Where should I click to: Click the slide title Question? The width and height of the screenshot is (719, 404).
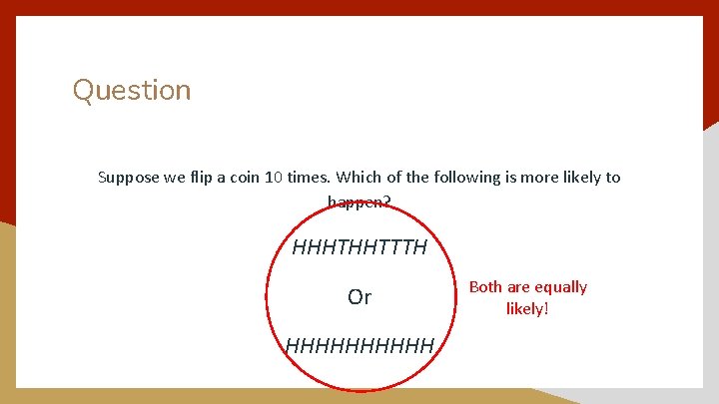coord(131,90)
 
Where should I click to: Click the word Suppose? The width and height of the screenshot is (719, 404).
coord(126,178)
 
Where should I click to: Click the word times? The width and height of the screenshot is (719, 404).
coord(309,178)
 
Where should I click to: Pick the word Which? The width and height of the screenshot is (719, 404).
coord(358,178)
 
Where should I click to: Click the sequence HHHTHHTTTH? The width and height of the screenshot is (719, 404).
coord(359,245)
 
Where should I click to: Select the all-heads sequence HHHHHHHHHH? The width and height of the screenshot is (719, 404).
coord(359,346)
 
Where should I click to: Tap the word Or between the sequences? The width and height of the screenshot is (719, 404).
coord(359,296)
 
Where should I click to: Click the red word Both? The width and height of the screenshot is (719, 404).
coord(485,287)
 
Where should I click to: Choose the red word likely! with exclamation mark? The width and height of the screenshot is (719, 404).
coord(527,308)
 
